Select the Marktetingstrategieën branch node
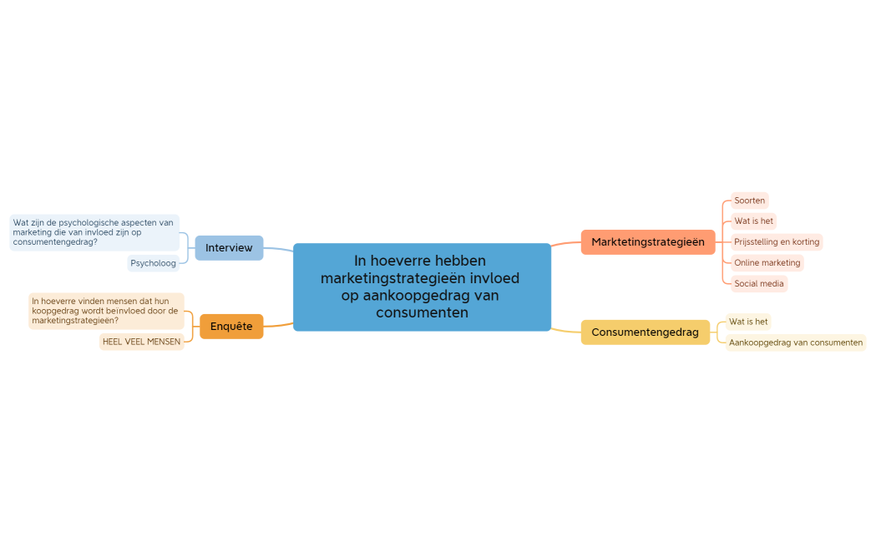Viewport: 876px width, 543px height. click(647, 242)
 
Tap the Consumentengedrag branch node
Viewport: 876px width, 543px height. click(645, 332)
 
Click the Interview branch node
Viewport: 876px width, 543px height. click(229, 248)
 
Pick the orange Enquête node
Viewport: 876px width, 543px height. click(231, 327)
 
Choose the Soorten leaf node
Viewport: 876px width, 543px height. click(749, 200)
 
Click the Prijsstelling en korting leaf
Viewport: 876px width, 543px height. click(776, 242)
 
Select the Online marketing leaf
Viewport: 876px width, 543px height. click(767, 263)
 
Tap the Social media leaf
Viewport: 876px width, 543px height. click(758, 284)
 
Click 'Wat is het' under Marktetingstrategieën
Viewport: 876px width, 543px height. click(753, 221)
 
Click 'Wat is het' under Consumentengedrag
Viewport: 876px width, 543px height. click(747, 322)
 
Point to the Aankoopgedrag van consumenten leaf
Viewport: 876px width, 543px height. click(795, 343)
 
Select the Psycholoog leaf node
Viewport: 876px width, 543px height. click(153, 263)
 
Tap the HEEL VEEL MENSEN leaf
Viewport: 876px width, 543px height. click(141, 342)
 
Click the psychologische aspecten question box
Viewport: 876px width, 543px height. click(94, 232)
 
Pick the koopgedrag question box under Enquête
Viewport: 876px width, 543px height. click(105, 311)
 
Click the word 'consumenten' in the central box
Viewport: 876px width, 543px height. click(422, 313)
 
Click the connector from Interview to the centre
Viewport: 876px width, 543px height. click(279, 249)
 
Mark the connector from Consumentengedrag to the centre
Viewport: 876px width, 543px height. click(565, 331)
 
